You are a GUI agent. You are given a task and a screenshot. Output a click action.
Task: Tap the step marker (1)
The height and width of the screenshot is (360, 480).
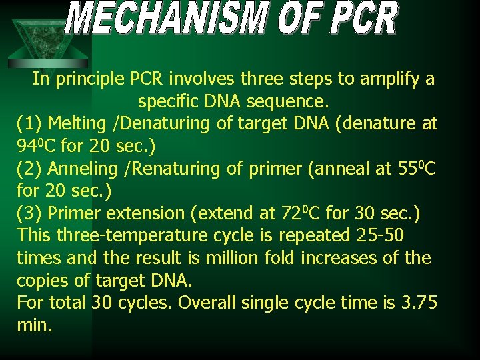coord(29,124)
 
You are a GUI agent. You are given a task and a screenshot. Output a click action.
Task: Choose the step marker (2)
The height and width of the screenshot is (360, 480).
coord(29,169)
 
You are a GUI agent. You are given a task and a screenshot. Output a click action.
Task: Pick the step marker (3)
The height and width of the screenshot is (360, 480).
coord(29,214)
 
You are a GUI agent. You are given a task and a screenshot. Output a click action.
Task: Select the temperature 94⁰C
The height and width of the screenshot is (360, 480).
coord(35,146)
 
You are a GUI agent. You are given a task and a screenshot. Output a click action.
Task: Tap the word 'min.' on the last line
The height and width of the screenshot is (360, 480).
coord(34,326)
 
